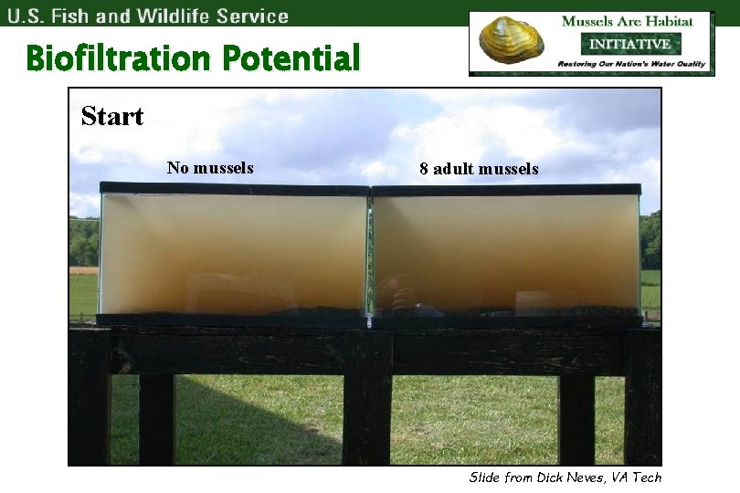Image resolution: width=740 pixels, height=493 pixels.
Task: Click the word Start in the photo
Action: coord(112,117)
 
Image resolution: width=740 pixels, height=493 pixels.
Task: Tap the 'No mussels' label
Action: coord(210,168)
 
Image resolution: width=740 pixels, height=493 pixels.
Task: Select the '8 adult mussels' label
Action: coord(479,169)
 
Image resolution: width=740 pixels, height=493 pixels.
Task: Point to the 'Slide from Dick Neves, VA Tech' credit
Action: coord(565,477)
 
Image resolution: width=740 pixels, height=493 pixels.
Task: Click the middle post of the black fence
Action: coord(367,411)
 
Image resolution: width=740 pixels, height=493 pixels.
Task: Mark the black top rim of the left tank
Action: coord(233,189)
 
